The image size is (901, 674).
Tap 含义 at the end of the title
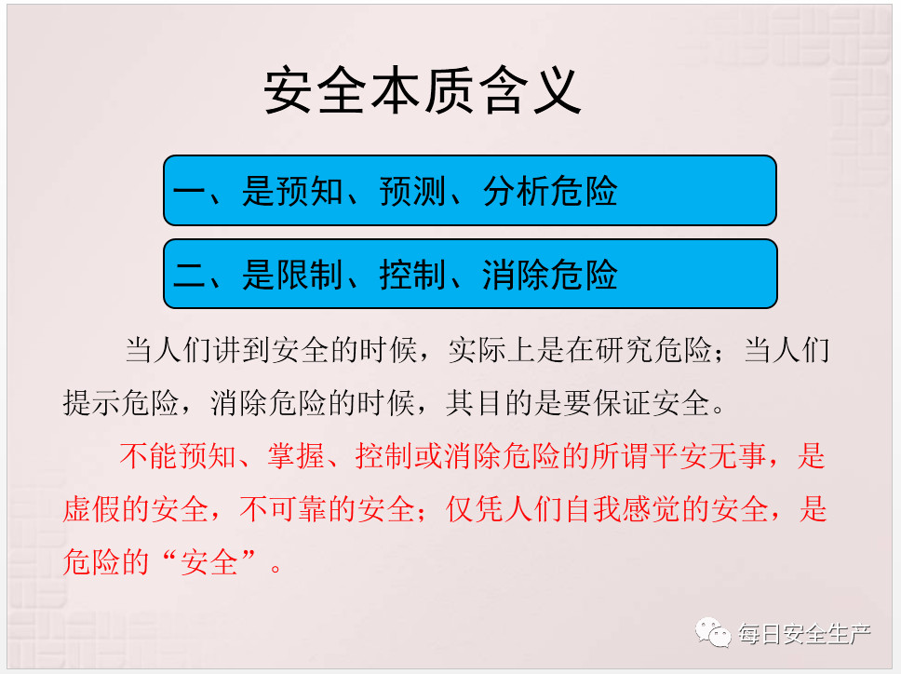tap(530, 91)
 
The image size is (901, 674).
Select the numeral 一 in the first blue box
tap(189, 192)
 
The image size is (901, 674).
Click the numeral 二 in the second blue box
tap(189, 275)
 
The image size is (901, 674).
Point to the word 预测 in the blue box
tap(412, 191)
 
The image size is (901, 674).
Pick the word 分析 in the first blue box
tap(516, 191)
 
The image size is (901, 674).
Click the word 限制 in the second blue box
tap(309, 274)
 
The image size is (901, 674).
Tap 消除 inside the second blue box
tap(516, 274)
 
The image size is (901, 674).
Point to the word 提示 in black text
tap(92, 402)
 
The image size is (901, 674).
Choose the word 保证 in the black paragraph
tap(624, 402)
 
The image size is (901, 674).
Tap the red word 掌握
tap(297, 455)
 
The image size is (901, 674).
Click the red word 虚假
tap(92, 509)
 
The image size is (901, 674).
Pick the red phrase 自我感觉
tap(624, 509)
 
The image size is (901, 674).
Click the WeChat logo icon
tap(713, 632)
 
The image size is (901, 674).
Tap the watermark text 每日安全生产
tap(804, 634)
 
